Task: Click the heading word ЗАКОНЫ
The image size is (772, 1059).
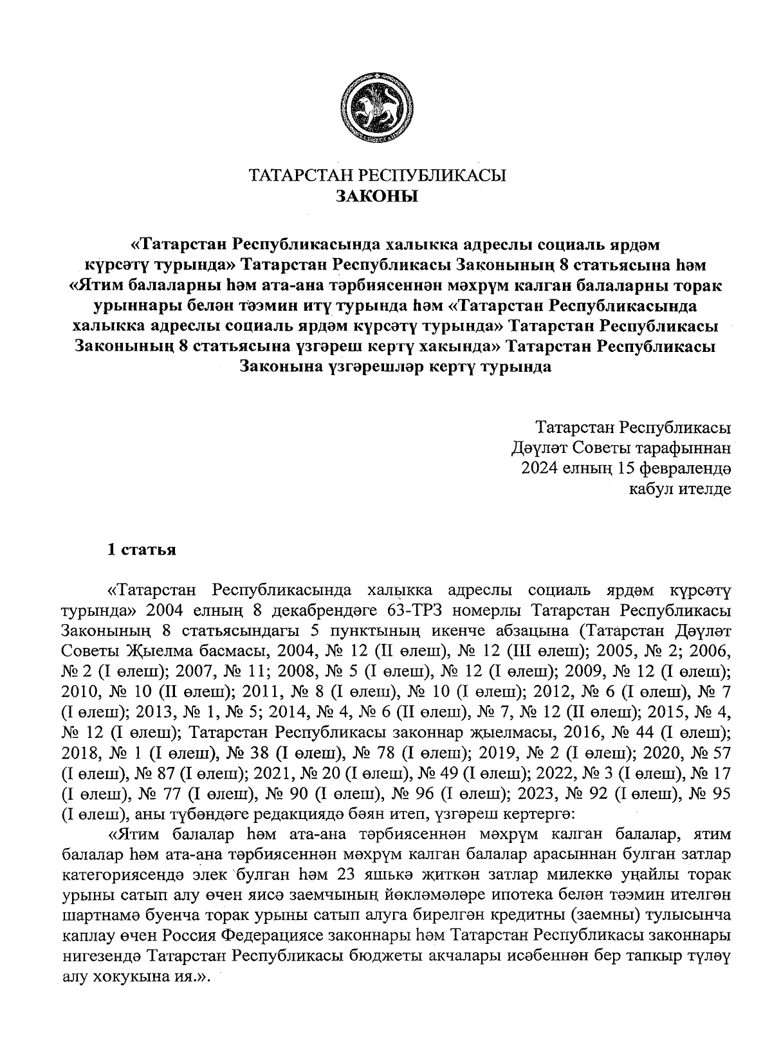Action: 378,196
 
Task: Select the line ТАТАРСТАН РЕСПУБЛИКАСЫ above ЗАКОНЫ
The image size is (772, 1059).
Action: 378,176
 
